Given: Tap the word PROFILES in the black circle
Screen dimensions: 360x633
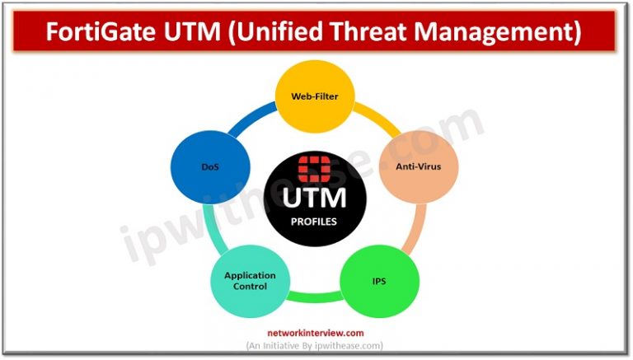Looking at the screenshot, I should (314, 222).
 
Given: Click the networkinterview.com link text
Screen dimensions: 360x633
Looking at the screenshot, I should (316, 333).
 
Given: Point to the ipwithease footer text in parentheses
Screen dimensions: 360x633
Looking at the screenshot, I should (316, 345).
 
